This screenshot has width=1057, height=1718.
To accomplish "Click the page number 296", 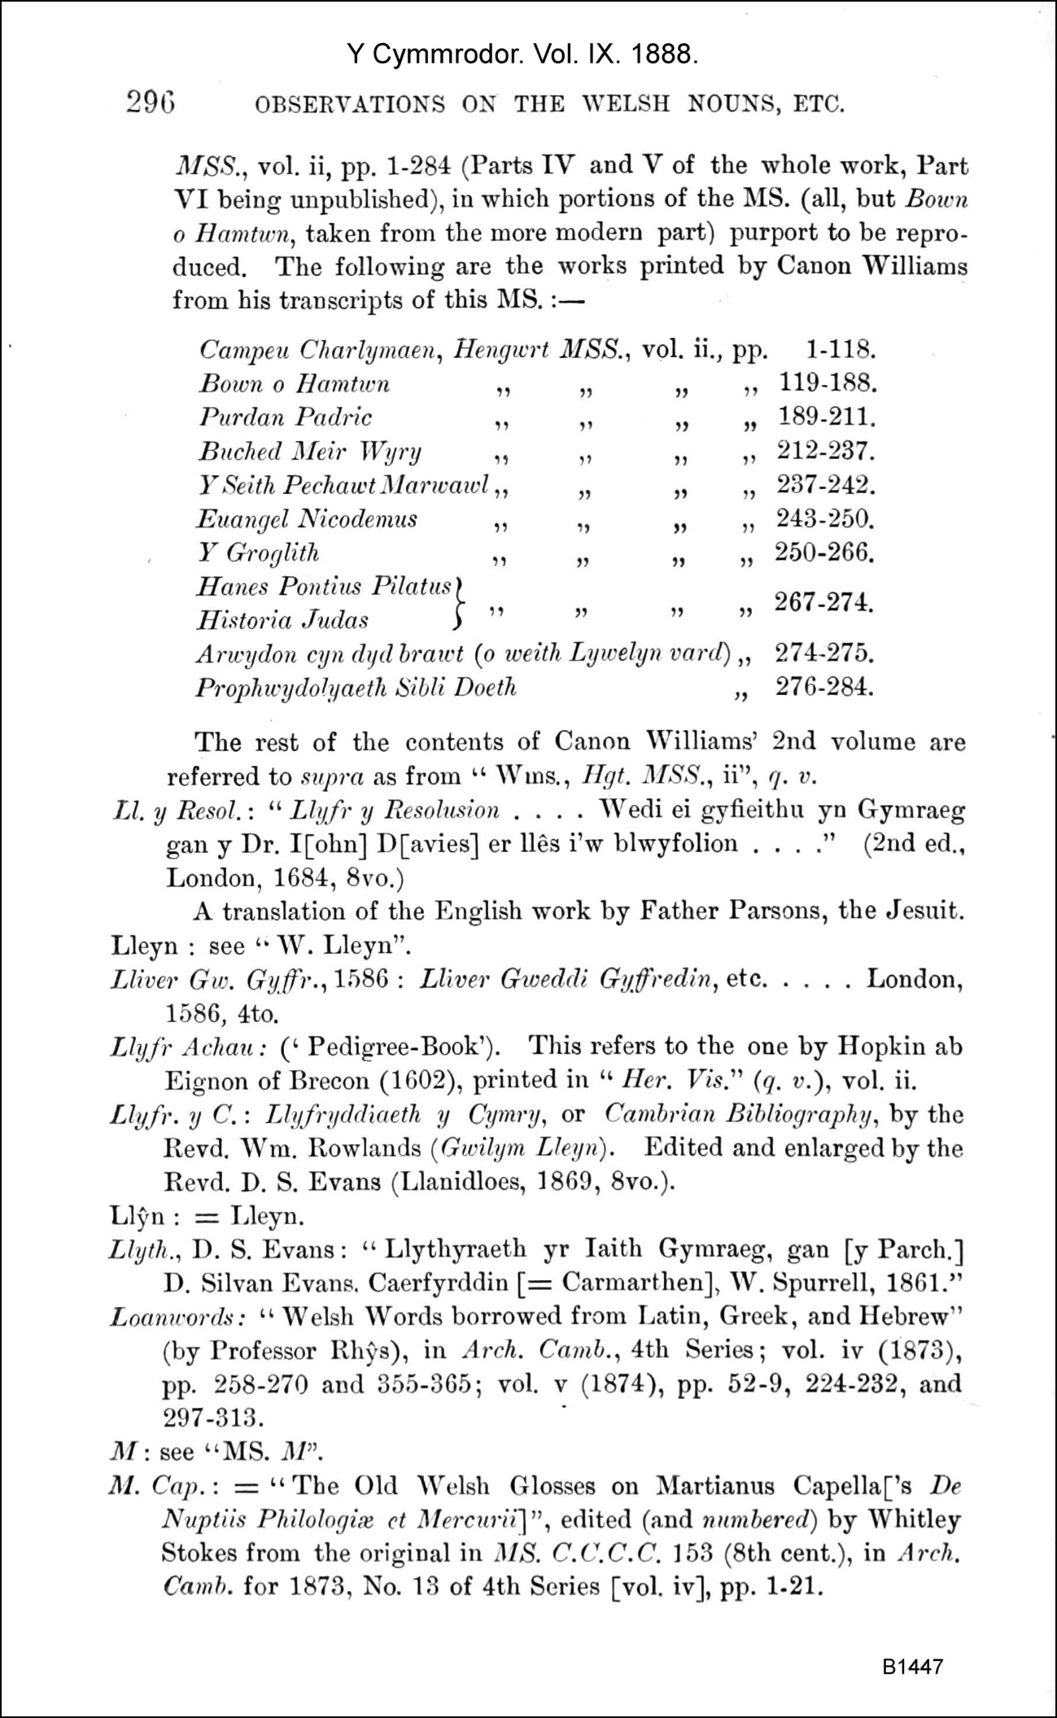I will coord(151,103).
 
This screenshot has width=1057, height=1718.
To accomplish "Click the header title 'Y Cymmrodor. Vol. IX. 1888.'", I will coord(522,55).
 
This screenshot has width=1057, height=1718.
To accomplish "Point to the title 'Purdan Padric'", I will coord(286,417).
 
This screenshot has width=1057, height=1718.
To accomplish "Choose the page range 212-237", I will coord(826,450).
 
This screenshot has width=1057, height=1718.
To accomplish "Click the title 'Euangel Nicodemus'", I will coord(308,519).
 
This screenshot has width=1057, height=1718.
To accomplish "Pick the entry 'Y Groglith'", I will coord(259,553).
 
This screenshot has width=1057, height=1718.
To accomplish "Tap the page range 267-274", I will coord(824,603).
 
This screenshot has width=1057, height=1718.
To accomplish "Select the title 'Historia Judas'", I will coord(282,620).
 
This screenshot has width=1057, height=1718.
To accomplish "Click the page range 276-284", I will coord(824,688).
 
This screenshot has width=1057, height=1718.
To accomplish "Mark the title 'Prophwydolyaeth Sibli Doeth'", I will coord(356,689).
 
